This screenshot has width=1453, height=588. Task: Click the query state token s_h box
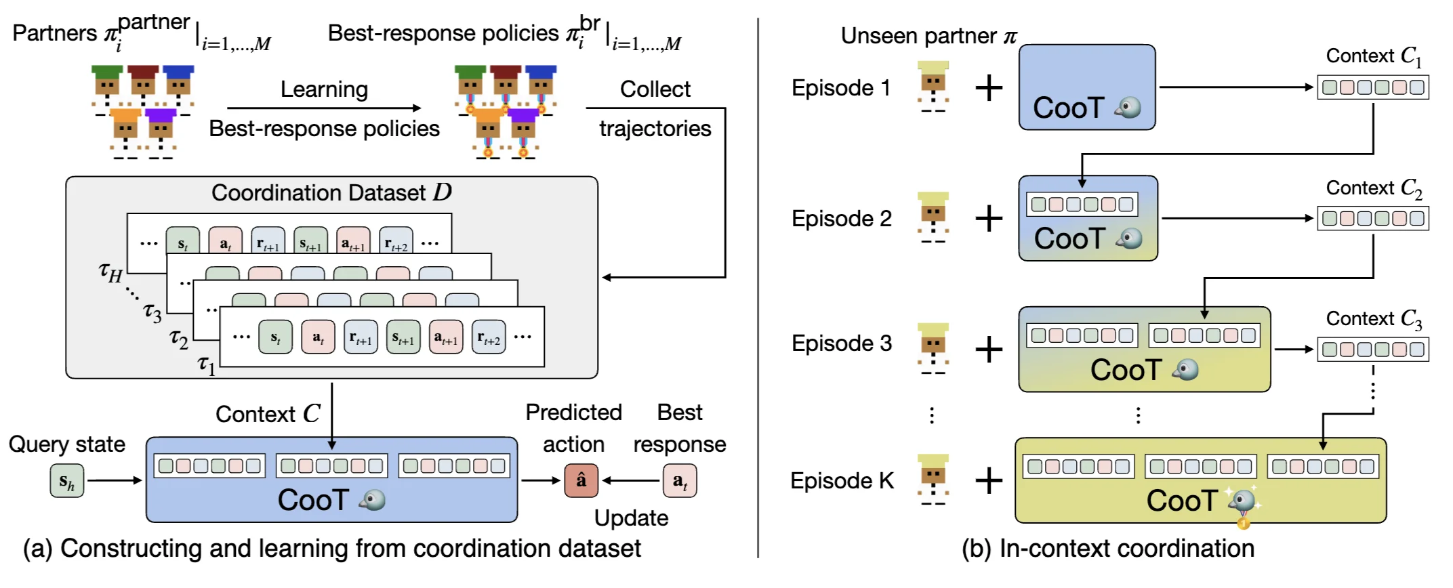[66, 481]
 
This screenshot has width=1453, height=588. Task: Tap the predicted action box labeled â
[581, 480]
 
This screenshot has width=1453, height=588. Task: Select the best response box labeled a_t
[679, 480]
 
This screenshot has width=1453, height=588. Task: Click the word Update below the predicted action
[631, 518]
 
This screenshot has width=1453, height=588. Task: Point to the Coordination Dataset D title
[331, 192]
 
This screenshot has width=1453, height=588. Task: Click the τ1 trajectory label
[207, 365]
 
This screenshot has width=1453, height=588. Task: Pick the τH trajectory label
[110, 273]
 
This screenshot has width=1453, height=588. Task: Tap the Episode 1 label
[840, 88]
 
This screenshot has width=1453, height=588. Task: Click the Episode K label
[842, 481]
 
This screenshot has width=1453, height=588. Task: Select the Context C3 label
[1374, 318]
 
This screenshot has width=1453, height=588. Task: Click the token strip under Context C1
[1372, 87]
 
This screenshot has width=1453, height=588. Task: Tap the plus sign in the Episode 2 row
[989, 219]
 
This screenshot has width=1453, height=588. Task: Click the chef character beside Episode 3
[933, 349]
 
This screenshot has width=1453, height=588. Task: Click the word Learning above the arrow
[324, 89]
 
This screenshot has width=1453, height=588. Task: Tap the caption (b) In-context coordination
[1107, 549]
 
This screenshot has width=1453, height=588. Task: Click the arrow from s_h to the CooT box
[114, 481]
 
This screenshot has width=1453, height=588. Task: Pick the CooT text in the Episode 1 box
[1068, 108]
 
